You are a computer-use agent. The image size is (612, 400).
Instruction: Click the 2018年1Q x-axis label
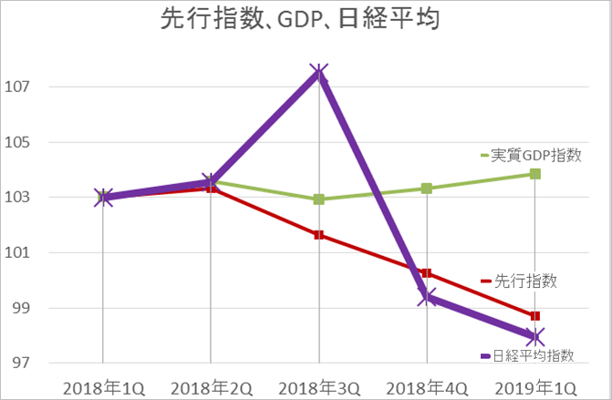[103, 386]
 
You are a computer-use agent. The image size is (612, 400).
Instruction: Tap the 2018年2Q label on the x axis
[211, 386]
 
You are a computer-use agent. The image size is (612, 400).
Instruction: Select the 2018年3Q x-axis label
[319, 386]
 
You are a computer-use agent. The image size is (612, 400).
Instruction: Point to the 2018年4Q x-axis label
[427, 386]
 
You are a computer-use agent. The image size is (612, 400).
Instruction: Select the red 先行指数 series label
[524, 281]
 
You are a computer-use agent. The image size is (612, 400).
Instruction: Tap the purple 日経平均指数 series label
[534, 354]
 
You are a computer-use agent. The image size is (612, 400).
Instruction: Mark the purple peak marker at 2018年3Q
[318, 73]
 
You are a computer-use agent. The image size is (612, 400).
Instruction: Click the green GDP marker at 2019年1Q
[535, 173]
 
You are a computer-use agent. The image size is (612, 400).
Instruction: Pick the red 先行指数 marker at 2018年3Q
[318, 235]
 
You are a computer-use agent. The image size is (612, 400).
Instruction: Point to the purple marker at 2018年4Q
[427, 297]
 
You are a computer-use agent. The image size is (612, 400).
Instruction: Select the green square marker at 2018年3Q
[318, 199]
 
